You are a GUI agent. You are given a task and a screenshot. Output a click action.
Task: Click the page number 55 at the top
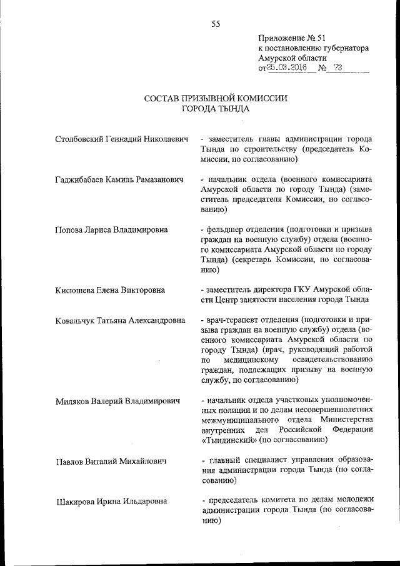click(x=216, y=24)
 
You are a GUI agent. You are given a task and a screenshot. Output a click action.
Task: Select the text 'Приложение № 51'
click(x=291, y=38)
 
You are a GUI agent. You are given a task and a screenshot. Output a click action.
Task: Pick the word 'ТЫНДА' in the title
click(x=232, y=108)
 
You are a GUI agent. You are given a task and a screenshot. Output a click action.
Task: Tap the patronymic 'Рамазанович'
click(x=159, y=179)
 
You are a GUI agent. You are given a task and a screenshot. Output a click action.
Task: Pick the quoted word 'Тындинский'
click(x=229, y=440)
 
